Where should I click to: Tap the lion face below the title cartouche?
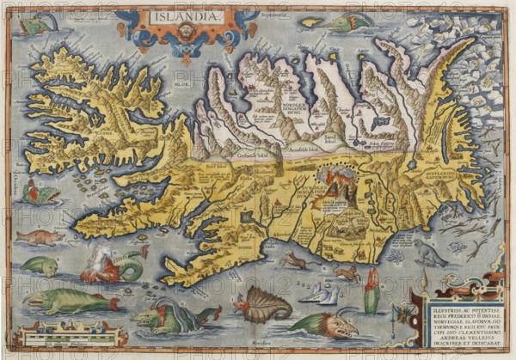click(183, 32)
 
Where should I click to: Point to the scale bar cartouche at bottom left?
click(55, 333)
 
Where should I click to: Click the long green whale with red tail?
click(69, 301)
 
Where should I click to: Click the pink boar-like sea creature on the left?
click(39, 236)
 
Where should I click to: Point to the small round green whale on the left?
click(39, 266)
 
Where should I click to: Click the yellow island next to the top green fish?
click(311, 21)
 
